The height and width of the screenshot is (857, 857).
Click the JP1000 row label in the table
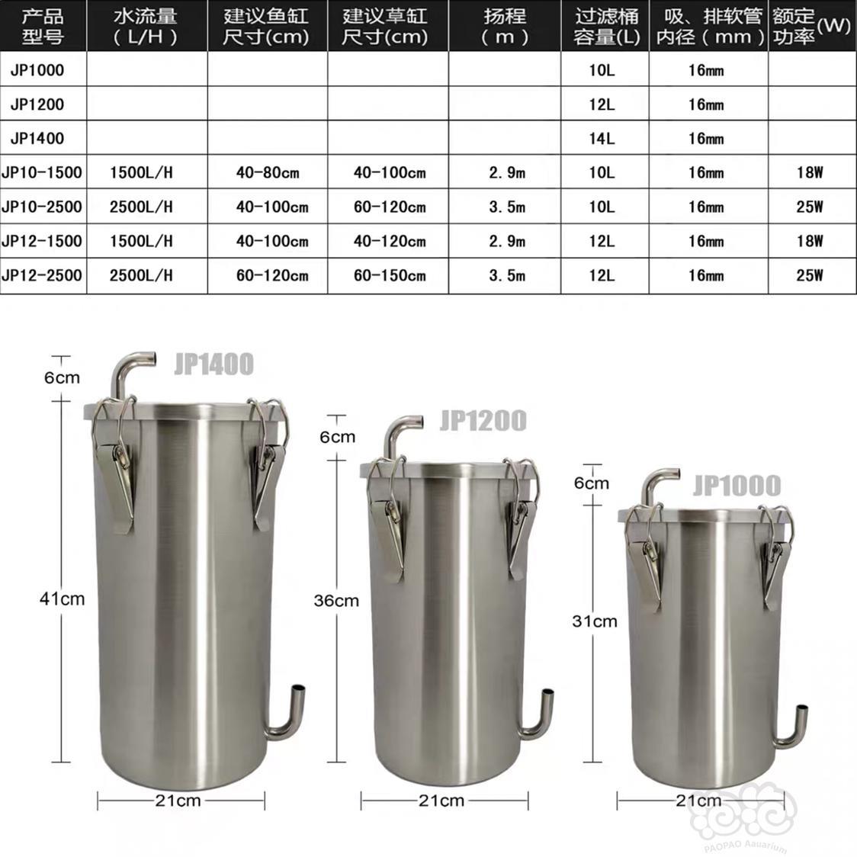(x=37, y=70)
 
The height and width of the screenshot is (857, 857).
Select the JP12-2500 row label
(x=42, y=275)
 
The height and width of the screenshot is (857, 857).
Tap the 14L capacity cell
(x=602, y=138)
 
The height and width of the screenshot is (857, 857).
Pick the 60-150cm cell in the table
(x=390, y=275)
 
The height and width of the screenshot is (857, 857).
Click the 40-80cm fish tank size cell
(x=268, y=173)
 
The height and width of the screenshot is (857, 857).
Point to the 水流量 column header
(x=146, y=26)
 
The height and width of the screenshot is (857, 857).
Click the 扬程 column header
(x=505, y=26)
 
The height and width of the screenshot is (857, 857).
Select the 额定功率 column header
(x=811, y=26)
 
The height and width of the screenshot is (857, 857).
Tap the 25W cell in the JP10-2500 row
(x=810, y=207)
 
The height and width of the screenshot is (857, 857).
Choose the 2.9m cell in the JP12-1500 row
(x=507, y=241)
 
